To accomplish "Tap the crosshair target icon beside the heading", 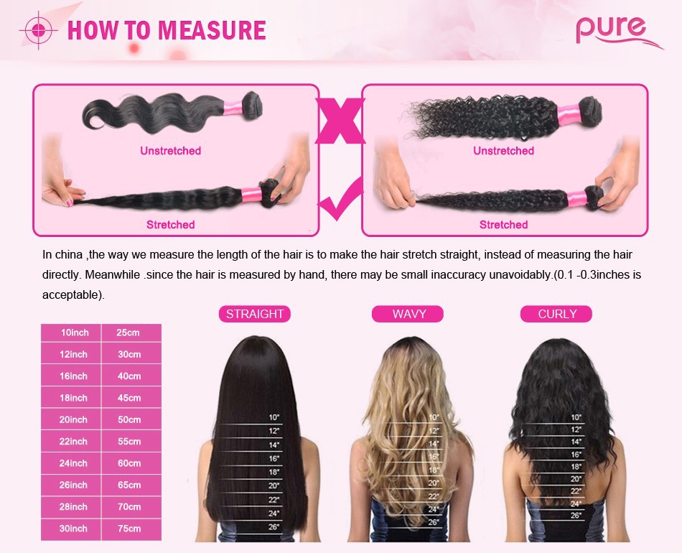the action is (x=38, y=30).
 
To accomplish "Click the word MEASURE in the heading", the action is (x=212, y=30).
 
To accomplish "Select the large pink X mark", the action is (x=340, y=121).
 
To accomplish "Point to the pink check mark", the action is (x=342, y=199).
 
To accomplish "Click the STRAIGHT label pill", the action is (x=254, y=314).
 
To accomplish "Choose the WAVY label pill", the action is (x=408, y=314).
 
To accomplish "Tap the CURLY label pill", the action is (x=556, y=314).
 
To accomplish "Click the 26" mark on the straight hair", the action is (x=274, y=527).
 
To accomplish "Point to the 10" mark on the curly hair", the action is (x=576, y=417).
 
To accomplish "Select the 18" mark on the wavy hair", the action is (x=434, y=470).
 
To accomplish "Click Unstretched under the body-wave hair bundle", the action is (x=171, y=151).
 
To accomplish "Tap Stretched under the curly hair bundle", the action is (x=504, y=225).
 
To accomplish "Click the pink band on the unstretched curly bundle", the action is (x=569, y=114).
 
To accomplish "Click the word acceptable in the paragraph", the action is (x=71, y=294).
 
